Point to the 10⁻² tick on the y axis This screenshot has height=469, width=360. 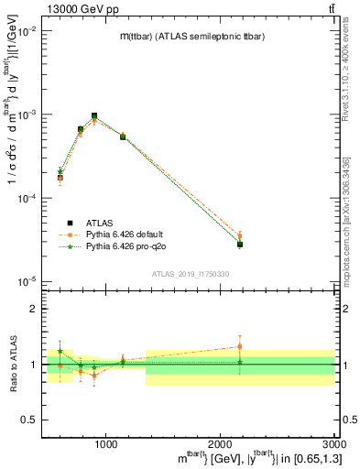[28, 31]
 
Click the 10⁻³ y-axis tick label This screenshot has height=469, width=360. [28, 115]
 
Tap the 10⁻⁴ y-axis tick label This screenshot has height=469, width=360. [28, 198]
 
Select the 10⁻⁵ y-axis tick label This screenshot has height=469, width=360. [28, 281]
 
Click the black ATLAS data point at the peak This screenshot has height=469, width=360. [94, 116]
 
